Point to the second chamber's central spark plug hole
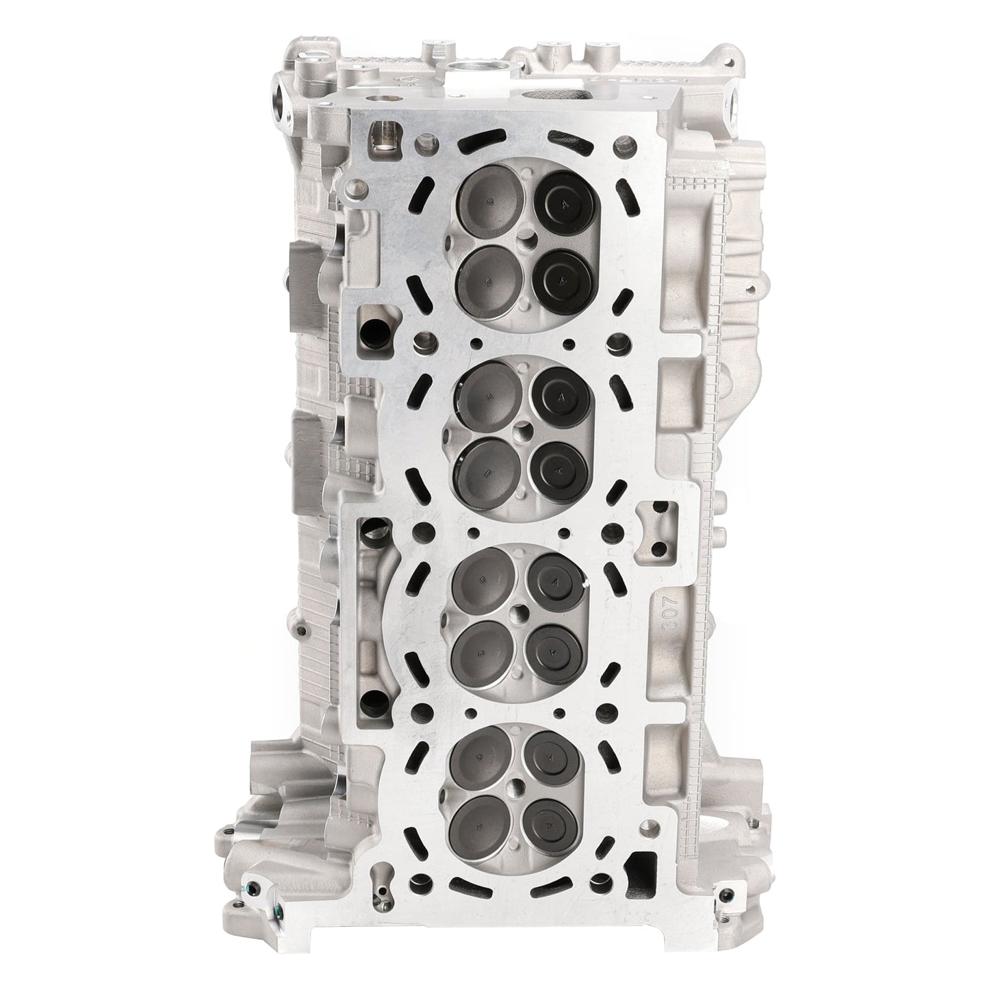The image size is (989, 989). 524,431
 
